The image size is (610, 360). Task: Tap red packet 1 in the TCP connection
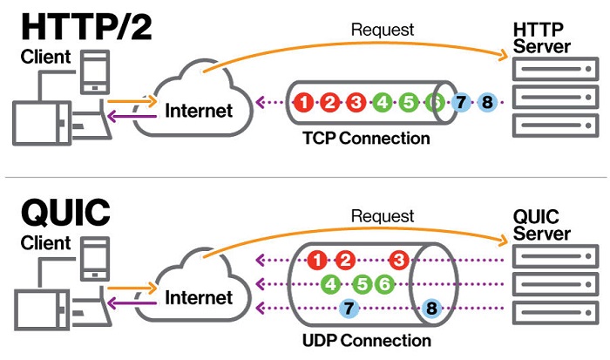click(303, 103)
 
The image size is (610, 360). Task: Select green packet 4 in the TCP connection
click(382, 103)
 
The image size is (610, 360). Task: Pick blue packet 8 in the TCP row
click(487, 103)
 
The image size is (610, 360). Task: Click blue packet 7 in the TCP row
click(461, 103)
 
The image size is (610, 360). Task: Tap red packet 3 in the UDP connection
click(399, 260)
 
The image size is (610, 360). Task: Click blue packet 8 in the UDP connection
click(430, 308)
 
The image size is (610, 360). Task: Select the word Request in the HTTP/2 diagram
click(383, 31)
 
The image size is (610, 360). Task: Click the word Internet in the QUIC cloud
click(200, 298)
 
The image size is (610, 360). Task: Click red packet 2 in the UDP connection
click(345, 260)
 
